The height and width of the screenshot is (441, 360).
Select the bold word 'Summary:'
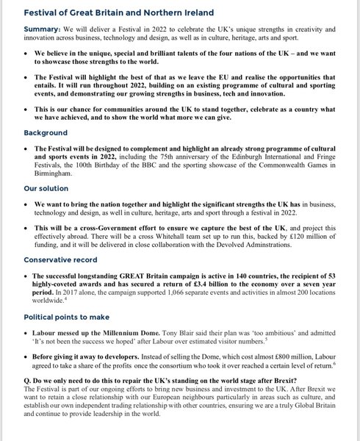[x=43, y=29]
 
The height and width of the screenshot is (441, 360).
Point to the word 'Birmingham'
[x=60, y=179]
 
